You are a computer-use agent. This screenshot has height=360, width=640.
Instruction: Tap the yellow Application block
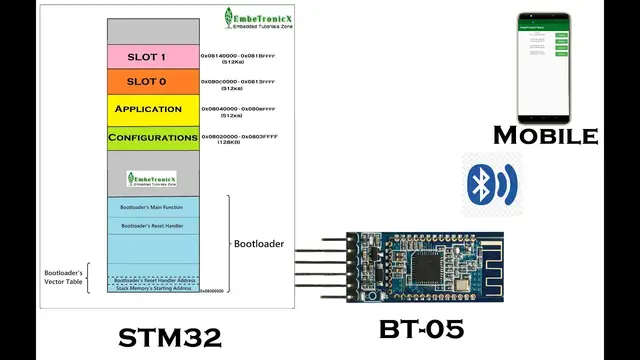point(148,108)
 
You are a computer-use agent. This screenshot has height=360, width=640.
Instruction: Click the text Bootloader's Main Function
point(152,207)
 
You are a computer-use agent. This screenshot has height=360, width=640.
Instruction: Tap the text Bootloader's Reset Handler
point(152,227)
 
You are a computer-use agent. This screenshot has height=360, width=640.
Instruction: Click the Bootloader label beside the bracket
point(259,243)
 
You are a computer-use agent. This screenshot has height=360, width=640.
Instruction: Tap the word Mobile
point(545,135)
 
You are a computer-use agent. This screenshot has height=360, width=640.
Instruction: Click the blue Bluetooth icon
point(488,182)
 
